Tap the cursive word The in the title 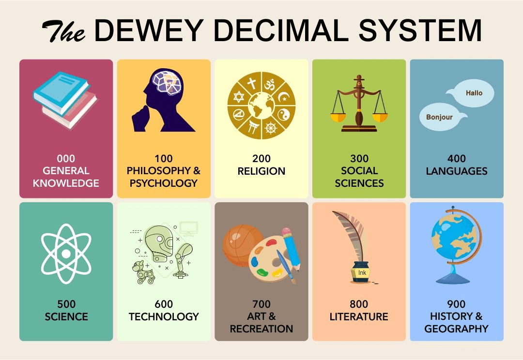click(x=63, y=31)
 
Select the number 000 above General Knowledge click(x=66, y=158)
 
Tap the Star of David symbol click(x=239, y=97)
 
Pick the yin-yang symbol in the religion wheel click(x=284, y=115)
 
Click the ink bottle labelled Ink click(x=361, y=272)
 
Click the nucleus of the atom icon click(x=66, y=254)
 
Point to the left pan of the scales click(x=338, y=117)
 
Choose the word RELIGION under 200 click(x=261, y=171)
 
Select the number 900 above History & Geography click(x=456, y=304)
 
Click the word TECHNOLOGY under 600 click(x=164, y=316)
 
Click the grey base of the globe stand click(x=453, y=278)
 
